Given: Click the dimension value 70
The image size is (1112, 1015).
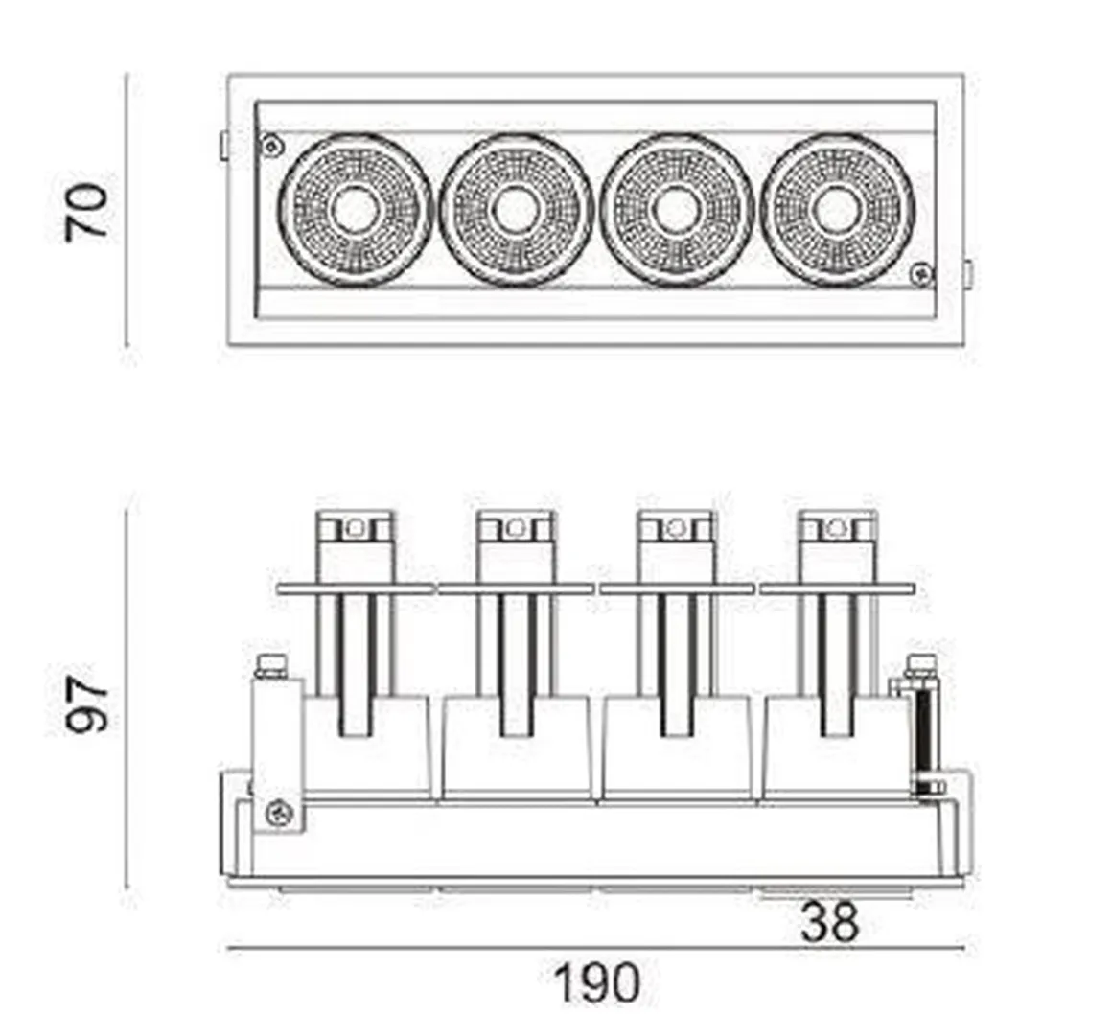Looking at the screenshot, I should pyautogui.click(x=87, y=212).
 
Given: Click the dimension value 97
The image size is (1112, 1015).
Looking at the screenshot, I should pyautogui.click(x=87, y=704).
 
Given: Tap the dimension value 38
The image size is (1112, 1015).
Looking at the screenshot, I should pyautogui.click(x=830, y=924).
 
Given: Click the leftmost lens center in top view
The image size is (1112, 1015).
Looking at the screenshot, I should pyautogui.click(x=354, y=209).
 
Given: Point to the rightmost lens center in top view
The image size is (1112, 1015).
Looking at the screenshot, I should pyautogui.click(x=837, y=209).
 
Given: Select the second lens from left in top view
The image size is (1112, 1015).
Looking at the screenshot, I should pyautogui.click(x=515, y=209).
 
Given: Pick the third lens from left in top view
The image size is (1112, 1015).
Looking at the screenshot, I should pyautogui.click(x=676, y=209).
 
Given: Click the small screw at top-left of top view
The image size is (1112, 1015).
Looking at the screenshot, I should pyautogui.click(x=272, y=146).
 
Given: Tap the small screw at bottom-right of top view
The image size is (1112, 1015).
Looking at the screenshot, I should pyautogui.click(x=921, y=274).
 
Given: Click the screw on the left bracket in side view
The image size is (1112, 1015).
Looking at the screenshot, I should pyautogui.click(x=280, y=814).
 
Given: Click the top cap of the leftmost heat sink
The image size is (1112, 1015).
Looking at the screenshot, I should pyautogui.click(x=356, y=526).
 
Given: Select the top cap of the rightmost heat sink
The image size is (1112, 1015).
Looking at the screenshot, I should pyautogui.click(x=838, y=526).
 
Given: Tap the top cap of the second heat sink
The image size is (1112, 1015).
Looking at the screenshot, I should pyautogui.click(x=516, y=526).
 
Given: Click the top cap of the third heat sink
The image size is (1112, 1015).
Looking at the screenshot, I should pyautogui.click(x=677, y=526).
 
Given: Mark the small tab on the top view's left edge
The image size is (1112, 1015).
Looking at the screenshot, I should pyautogui.click(x=223, y=145).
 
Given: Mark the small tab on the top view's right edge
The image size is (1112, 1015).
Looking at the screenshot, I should pyautogui.click(x=967, y=274).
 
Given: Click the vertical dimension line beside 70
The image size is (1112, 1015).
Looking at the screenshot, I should pyautogui.click(x=127, y=211).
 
